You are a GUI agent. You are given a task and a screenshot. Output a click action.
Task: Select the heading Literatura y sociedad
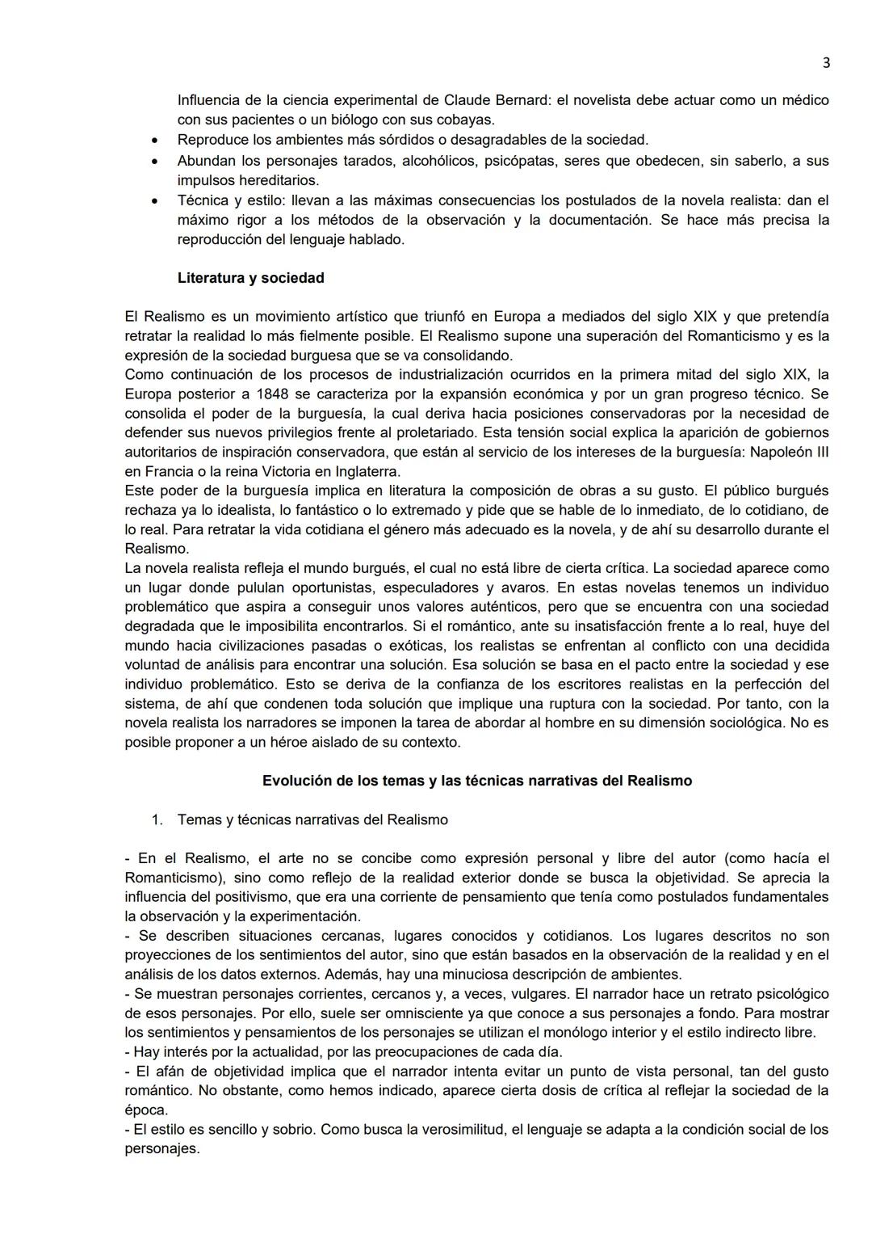click(250, 278)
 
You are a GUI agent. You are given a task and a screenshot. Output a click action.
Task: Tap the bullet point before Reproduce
click(154, 141)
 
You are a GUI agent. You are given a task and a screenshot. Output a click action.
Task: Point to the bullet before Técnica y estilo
click(154, 200)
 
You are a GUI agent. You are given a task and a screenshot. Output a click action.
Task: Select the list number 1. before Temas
click(157, 820)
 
